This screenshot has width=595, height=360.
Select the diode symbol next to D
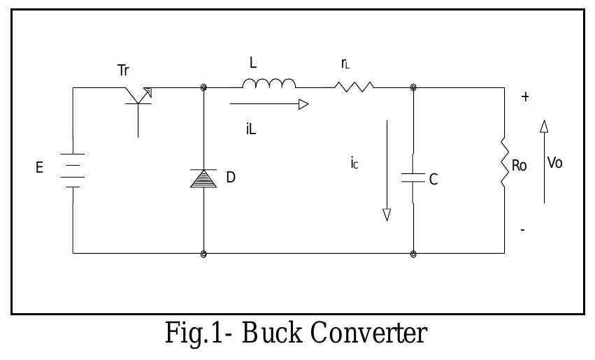(x=203, y=178)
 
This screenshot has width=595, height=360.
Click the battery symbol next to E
(x=73, y=170)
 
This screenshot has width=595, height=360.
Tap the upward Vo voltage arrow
(x=544, y=161)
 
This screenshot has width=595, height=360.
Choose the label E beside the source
(x=40, y=169)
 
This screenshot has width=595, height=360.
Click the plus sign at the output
(x=525, y=97)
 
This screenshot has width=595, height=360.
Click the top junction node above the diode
(x=203, y=87)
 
